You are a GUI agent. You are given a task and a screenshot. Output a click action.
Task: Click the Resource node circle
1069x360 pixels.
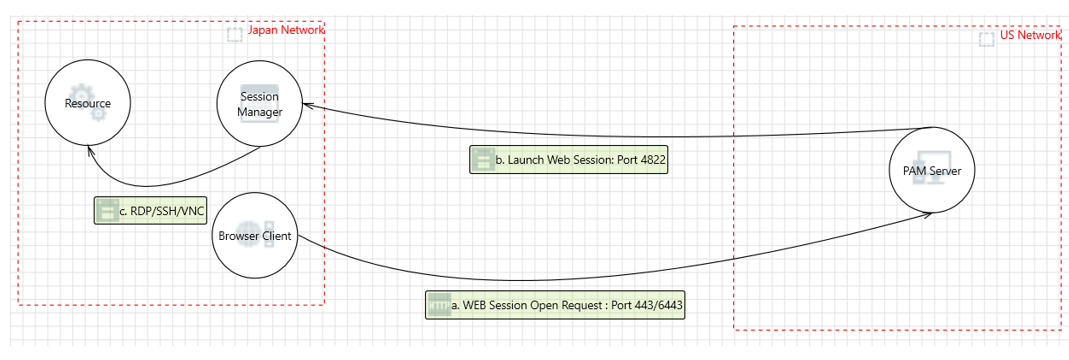(x=87, y=103)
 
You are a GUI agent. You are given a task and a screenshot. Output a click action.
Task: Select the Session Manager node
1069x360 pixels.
(x=259, y=104)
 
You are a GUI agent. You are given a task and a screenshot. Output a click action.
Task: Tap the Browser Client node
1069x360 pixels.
(x=255, y=237)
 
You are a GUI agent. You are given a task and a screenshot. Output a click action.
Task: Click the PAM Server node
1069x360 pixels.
(x=931, y=171)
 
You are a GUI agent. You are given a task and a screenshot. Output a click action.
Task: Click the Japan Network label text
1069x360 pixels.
(x=285, y=30)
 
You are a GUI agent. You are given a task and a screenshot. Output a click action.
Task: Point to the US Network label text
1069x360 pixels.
(x=1029, y=35)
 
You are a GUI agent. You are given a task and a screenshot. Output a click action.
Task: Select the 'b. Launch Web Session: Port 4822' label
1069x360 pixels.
(x=568, y=159)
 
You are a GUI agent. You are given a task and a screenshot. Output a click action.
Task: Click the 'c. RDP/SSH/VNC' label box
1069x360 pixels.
(x=150, y=211)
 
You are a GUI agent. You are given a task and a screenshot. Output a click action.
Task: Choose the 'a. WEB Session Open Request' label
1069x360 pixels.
(x=555, y=305)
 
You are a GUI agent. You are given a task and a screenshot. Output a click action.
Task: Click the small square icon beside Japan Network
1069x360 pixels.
(x=234, y=35)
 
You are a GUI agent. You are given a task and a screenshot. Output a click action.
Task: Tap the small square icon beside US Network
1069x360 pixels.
(x=986, y=39)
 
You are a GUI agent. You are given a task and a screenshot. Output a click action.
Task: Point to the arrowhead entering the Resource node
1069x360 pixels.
(x=89, y=150)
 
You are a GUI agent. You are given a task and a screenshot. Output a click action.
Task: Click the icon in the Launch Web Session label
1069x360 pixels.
(x=483, y=159)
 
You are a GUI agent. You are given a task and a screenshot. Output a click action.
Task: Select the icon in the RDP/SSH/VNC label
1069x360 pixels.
(x=107, y=211)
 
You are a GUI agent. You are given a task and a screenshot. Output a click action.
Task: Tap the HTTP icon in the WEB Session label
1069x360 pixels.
(x=438, y=305)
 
